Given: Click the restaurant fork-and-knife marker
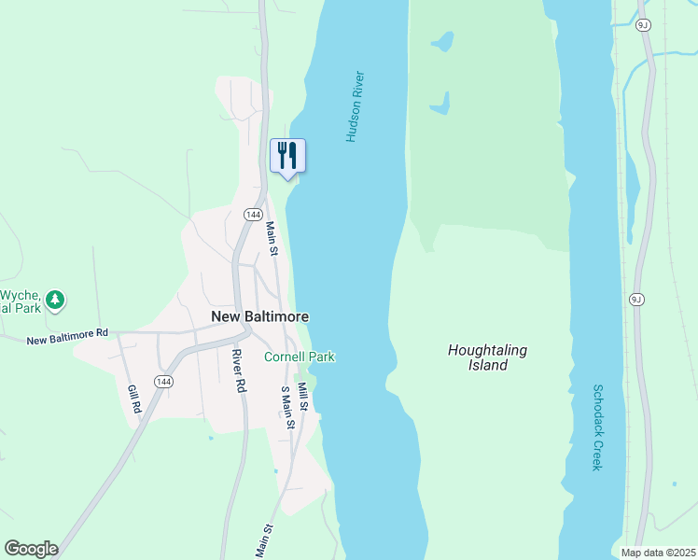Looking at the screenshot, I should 287,155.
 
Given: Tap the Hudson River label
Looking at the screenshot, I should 354,106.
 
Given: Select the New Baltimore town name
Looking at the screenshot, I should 260,317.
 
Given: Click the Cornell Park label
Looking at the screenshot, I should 299,357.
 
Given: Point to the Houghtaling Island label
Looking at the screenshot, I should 487,357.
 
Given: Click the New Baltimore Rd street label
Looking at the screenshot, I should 67,337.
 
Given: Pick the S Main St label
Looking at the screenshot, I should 288,408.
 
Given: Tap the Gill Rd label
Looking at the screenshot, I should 133,399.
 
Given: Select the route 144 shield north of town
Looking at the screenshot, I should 252,215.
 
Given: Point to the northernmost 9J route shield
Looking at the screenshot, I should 642,25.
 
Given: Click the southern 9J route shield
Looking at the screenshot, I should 636,300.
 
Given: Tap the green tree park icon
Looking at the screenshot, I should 57,300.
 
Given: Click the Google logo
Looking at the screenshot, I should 31,549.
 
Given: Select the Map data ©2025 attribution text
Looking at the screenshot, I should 658,553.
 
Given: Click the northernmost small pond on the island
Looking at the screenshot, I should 442,41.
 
